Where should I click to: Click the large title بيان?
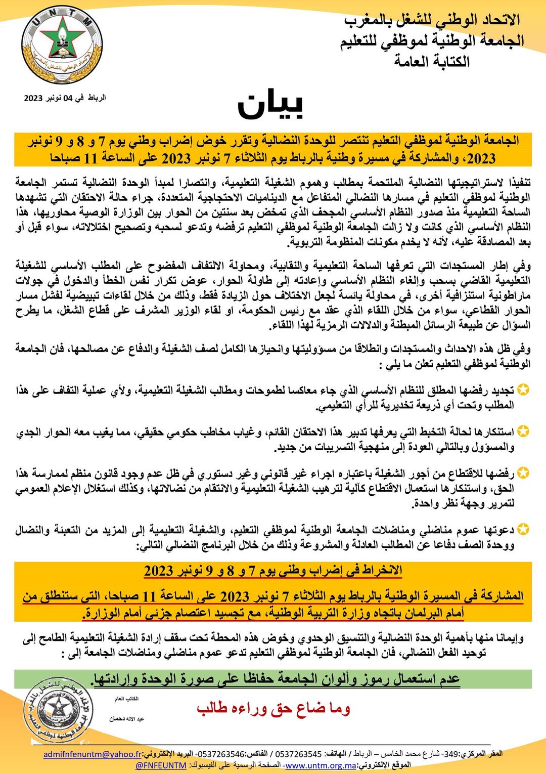271,105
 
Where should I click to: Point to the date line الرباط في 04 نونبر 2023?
65,98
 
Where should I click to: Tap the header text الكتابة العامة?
432,62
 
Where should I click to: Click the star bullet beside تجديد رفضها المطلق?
524,390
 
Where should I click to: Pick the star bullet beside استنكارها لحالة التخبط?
524,431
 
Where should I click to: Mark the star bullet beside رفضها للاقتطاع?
524,473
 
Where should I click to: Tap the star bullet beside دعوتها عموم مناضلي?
524,530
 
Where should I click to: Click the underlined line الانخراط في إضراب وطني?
273,571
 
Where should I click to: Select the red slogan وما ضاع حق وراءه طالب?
274,709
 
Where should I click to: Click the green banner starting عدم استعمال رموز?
276,679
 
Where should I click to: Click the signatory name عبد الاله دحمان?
127,719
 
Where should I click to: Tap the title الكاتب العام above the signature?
126,699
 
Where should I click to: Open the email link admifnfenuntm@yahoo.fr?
93,754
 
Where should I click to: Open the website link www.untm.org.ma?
321,765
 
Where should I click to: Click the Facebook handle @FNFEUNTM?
161,765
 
